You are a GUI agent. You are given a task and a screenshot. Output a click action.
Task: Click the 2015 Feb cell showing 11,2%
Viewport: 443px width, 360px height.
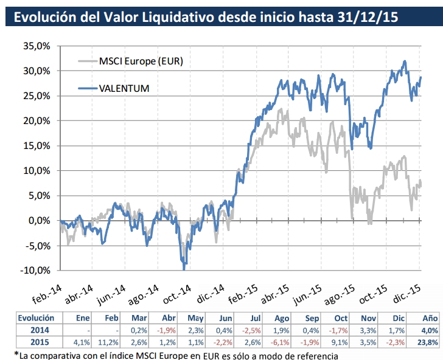(x=111, y=342)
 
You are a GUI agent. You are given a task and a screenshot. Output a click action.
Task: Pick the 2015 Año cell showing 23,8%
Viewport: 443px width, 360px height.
(x=429, y=342)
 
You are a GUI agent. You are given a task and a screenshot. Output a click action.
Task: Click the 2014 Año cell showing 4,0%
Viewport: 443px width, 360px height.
(x=430, y=330)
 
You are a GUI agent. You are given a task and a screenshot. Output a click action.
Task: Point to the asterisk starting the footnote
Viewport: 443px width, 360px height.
(x=16, y=353)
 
